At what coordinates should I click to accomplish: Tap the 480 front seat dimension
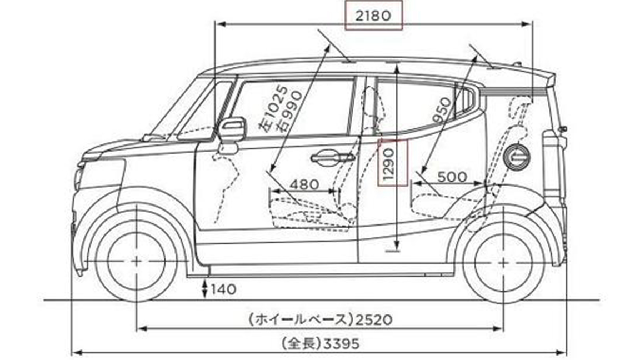tap(304, 183)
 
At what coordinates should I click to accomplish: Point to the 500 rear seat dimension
tap(452, 177)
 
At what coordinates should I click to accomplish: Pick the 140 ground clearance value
tap(223, 289)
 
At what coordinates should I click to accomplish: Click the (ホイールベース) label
tap(301, 319)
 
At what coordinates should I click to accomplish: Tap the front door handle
tap(332, 158)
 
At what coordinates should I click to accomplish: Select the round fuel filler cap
tap(516, 156)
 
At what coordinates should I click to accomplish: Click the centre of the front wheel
tap(137, 261)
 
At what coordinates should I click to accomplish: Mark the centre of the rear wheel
tap(503, 261)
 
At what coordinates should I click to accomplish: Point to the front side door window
tap(292, 108)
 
